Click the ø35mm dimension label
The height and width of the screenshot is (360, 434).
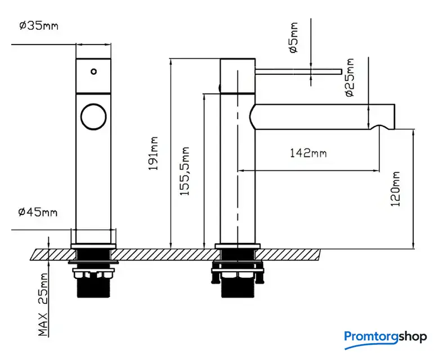click(38, 26)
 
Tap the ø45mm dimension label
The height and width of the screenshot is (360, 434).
click(38, 212)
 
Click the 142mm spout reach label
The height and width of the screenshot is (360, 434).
click(308, 153)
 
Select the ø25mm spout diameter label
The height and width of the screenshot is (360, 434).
click(350, 77)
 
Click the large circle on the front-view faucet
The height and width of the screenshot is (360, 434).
click(93, 116)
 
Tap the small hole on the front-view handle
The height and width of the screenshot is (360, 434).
click(93, 71)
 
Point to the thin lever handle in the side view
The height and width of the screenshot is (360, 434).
click(298, 71)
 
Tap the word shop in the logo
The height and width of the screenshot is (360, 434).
click(412, 337)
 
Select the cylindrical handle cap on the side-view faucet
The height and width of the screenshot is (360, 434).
click(238, 75)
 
